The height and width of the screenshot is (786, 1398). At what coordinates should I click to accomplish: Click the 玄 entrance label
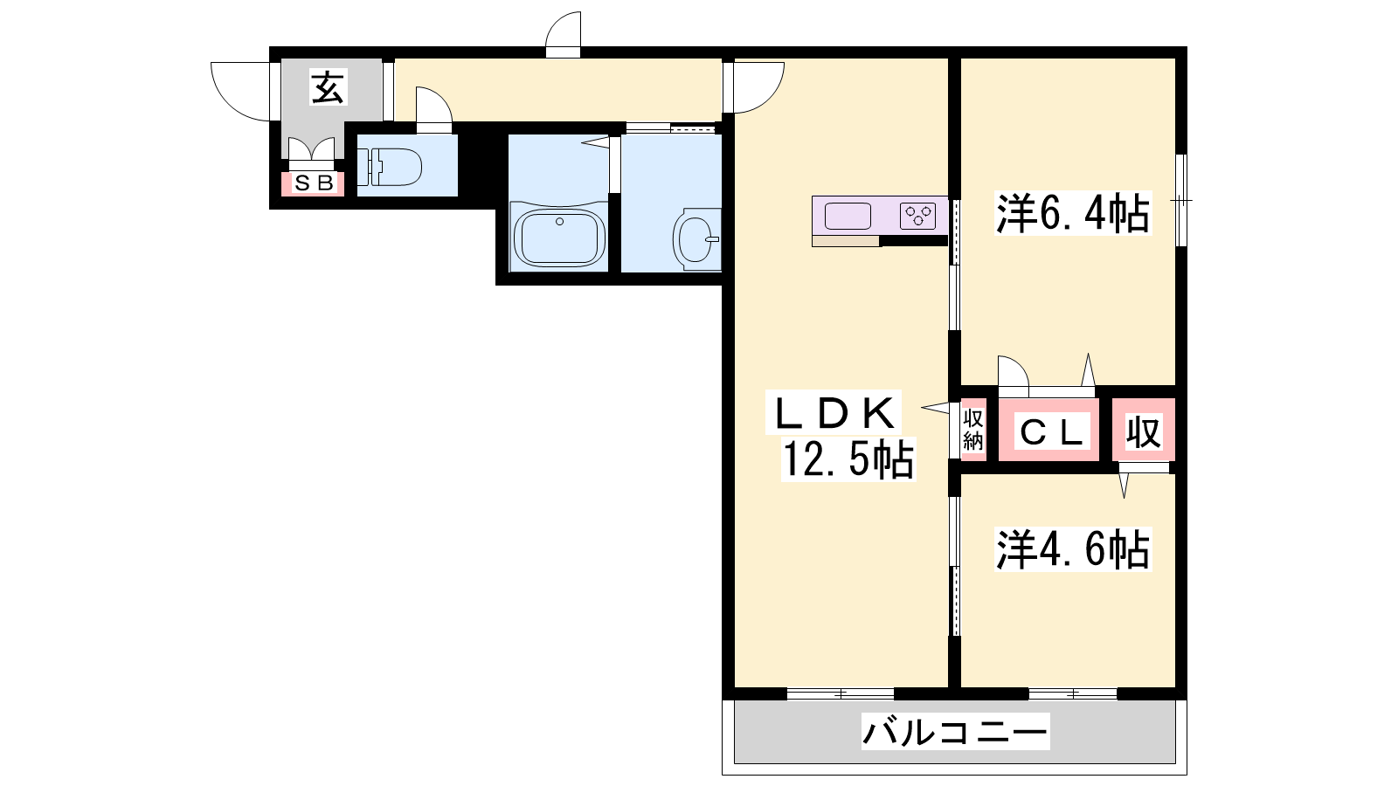click(x=328, y=87)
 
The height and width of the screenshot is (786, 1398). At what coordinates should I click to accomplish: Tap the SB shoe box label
click(x=314, y=183)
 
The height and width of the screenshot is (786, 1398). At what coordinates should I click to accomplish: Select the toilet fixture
click(x=389, y=167)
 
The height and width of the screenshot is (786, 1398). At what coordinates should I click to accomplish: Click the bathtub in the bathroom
click(x=559, y=237)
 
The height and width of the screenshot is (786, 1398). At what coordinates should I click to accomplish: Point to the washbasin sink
click(x=696, y=239)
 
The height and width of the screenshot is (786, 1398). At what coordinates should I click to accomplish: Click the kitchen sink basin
click(x=848, y=216)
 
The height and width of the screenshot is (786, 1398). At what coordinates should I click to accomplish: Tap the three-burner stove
click(x=917, y=216)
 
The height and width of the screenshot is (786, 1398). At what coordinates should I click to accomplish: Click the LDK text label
click(x=834, y=414)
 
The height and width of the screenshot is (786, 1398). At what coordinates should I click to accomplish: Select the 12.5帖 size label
click(x=848, y=459)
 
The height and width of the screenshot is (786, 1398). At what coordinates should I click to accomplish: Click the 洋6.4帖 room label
click(x=1073, y=213)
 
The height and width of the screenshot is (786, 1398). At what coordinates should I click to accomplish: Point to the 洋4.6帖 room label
click(x=1073, y=549)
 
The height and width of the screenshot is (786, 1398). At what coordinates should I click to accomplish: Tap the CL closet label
click(x=1052, y=431)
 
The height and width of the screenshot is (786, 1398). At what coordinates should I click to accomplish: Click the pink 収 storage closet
click(x=1144, y=430)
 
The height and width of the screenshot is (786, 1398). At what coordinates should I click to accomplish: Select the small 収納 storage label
click(x=973, y=430)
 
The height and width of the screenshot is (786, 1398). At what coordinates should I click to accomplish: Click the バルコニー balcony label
click(x=955, y=732)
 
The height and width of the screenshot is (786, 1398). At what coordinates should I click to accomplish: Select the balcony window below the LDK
click(x=840, y=693)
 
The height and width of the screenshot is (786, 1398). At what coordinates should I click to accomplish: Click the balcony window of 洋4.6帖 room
click(x=1072, y=693)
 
